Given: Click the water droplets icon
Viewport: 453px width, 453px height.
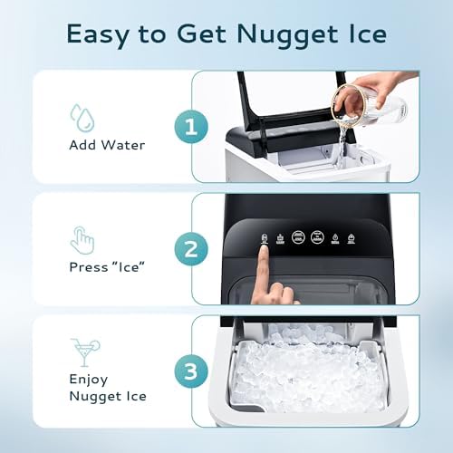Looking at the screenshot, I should [x=82, y=116].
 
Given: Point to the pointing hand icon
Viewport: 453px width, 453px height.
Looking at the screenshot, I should [x=82, y=239].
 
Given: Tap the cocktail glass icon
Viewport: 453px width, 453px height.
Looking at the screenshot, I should [x=83, y=351].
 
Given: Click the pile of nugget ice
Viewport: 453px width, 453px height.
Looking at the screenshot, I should [x=308, y=371].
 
